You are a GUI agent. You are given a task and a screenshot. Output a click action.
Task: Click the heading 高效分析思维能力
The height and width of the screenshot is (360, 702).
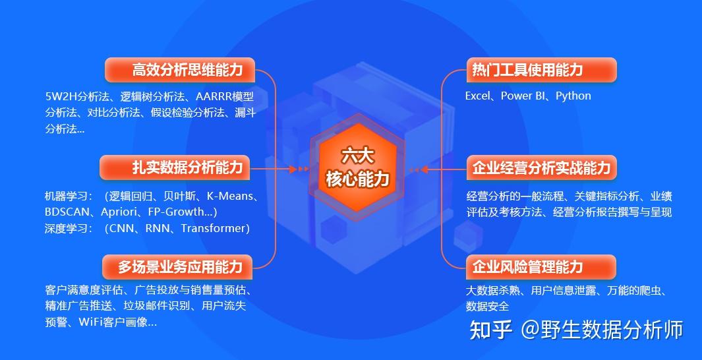[187, 70]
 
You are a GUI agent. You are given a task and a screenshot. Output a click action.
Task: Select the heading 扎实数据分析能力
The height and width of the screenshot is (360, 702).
[187, 167]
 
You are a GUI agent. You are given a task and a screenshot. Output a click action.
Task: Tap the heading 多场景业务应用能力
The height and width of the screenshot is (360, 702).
[180, 267]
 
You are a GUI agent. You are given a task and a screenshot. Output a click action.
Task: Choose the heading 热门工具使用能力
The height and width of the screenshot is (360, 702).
[527, 70]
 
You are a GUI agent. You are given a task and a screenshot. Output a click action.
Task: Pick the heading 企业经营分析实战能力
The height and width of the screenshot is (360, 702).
[541, 167]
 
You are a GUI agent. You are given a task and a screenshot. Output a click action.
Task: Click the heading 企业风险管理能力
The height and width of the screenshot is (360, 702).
[527, 267]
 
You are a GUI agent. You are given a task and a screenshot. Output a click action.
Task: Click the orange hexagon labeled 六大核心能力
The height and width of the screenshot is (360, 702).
[357, 167]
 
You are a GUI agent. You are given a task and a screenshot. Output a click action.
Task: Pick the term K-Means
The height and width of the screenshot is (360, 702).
[229, 196]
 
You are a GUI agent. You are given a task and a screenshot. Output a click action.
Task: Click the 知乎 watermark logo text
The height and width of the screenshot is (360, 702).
[491, 330]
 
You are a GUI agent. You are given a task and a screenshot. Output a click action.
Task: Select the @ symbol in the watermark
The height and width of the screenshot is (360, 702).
[530, 330]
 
